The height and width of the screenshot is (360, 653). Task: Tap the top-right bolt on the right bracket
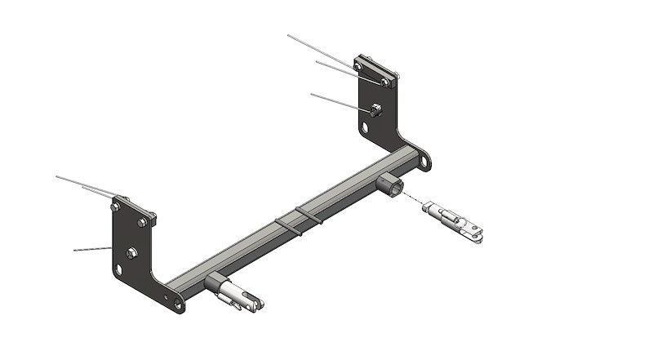tap(384, 82)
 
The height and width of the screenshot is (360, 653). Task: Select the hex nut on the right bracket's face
tap(375, 109)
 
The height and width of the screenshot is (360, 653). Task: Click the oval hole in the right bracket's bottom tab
tap(424, 161)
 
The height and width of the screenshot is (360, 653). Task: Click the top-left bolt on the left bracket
tap(117, 207)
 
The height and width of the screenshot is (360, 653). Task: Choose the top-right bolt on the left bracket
tap(143, 221)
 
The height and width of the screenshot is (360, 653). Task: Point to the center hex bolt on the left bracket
tap(133, 251)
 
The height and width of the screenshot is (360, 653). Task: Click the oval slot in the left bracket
tap(121, 269)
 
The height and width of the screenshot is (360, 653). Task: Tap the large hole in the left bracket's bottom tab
tap(179, 306)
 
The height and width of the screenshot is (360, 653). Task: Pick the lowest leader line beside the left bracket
tap(91, 248)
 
